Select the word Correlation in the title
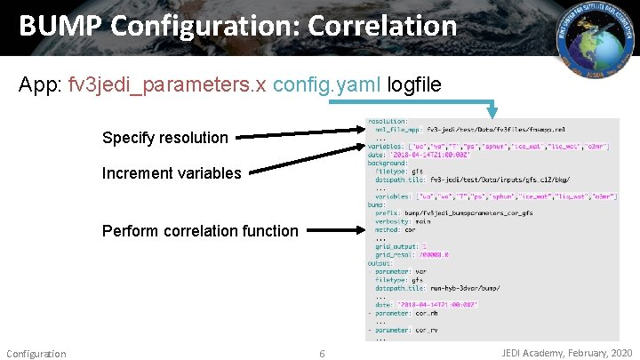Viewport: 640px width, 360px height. click(382, 27)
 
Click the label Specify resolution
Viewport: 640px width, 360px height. click(164, 138)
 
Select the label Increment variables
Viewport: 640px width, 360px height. click(171, 173)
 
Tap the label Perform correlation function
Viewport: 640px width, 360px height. click(200, 231)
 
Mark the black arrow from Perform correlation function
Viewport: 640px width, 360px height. click(334, 231)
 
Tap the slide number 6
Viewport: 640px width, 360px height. click(322, 354)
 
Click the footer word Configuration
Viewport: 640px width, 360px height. click(36, 354)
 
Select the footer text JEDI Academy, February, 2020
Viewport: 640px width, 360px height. click(567, 353)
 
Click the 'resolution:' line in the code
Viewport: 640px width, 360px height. click(388, 121)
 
